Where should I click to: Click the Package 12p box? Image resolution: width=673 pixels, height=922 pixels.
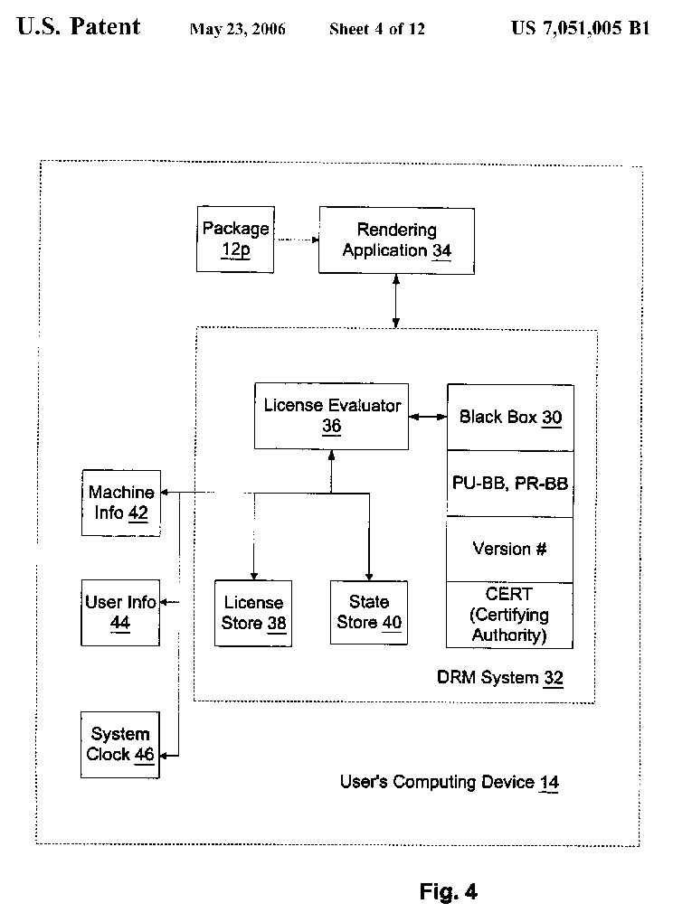(235, 239)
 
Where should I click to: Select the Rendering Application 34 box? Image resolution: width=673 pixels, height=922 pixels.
(396, 240)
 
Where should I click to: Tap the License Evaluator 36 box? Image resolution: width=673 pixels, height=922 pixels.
(331, 416)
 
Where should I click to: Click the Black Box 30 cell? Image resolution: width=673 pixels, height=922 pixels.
(510, 418)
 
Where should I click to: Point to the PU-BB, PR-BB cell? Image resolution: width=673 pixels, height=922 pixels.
(510, 484)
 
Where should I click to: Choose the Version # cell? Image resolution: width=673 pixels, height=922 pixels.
(510, 549)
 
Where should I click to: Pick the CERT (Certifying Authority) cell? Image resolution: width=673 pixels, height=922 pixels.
(510, 616)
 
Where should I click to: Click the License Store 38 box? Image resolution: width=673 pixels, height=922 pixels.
(253, 613)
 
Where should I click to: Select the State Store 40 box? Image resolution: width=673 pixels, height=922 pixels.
(369, 612)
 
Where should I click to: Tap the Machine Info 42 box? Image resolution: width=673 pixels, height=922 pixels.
(120, 503)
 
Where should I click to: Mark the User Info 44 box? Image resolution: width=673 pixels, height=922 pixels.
(120, 612)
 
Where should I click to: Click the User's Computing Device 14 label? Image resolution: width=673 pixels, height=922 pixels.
(449, 782)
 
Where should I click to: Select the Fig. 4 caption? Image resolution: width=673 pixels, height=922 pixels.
(449, 892)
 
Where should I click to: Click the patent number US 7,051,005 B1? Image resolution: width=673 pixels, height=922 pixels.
(580, 28)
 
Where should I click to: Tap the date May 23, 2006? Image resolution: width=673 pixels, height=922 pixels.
(238, 29)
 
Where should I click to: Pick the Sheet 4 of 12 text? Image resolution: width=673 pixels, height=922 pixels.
(376, 29)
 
